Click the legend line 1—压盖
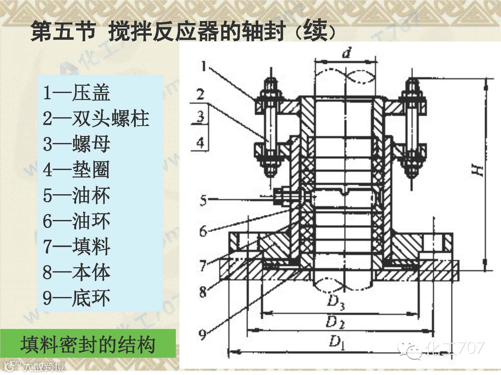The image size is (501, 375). pos(77,93)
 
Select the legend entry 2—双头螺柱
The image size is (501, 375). pos(96,118)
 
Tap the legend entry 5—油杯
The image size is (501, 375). pos(77,195)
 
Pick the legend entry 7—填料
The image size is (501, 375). pos(77,246)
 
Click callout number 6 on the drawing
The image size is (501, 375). pos(203,231)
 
